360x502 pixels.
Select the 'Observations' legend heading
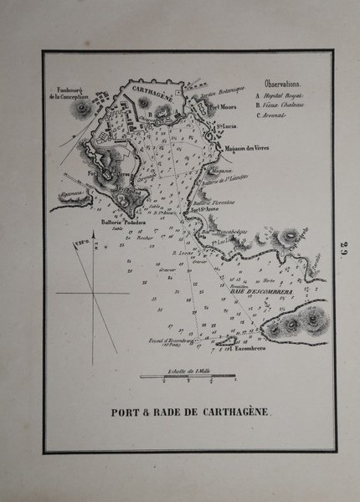point(285,85)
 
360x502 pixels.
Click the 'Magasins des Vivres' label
point(250,148)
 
